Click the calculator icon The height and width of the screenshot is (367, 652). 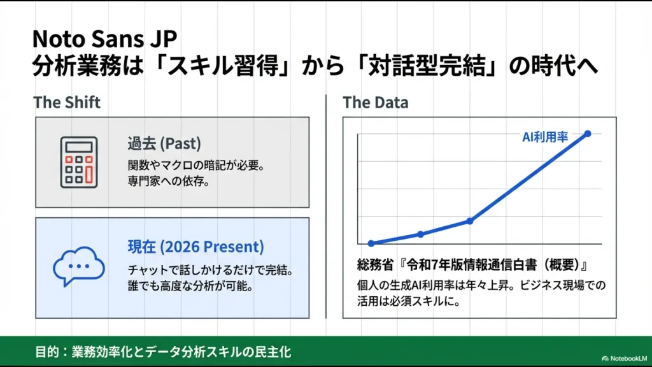pos(79,162)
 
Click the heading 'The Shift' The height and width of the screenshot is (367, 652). pos(67,102)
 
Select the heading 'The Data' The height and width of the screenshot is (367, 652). pos(376,102)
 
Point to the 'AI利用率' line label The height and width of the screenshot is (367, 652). pos(546,136)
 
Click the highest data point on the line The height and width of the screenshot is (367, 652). pos(587,133)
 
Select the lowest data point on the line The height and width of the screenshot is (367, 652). pos(371,243)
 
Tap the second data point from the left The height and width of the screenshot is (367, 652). pos(420,234)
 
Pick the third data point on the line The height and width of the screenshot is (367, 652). pos(470,221)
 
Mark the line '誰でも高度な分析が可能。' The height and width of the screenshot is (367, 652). pos(190,286)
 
